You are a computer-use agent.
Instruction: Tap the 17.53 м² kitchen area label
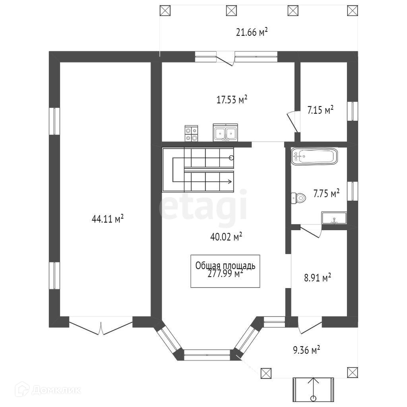coord(232,99)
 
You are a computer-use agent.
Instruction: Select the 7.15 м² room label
coord(320,110)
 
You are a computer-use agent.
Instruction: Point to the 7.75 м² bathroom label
coord(326,194)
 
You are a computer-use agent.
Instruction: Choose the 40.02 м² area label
coord(226,237)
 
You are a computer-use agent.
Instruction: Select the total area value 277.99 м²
coord(225,274)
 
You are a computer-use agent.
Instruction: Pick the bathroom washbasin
coord(334,218)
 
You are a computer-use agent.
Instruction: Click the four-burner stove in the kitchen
coord(191,133)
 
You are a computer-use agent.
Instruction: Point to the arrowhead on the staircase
coord(230,182)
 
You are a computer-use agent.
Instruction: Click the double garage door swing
coord(101,326)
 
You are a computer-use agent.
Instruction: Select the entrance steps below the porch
coord(313,390)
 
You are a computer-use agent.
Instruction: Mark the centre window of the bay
coord(207,352)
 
